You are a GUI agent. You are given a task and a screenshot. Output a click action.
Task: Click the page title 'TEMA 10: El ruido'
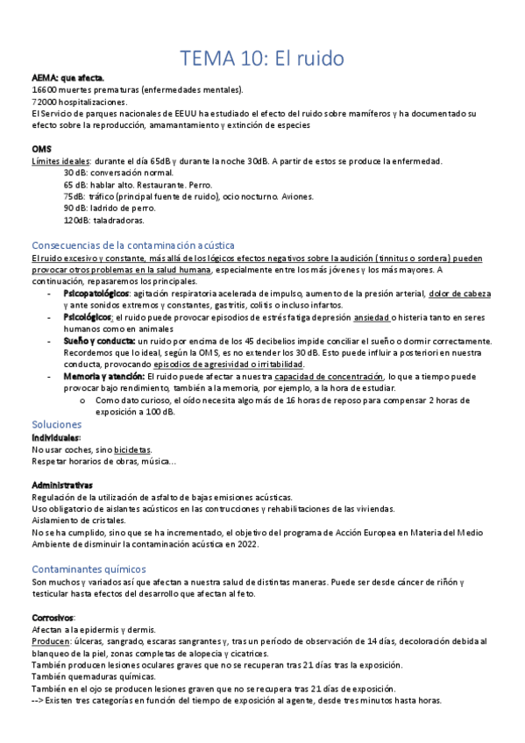262,60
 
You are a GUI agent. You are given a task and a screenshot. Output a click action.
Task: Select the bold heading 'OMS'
40,149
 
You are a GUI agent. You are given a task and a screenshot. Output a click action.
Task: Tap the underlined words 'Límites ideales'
60,161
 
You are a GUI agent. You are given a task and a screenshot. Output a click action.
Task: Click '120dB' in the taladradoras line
77,221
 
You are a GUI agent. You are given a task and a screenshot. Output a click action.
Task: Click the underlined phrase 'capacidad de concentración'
329,376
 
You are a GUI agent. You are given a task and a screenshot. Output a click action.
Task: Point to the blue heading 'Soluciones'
57,423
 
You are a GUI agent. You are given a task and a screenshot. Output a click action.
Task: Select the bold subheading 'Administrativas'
62,485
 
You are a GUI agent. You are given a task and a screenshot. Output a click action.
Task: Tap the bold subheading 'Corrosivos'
53,617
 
